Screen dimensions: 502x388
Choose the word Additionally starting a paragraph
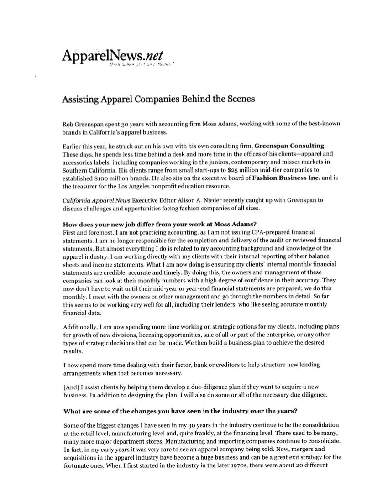click(81, 327)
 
